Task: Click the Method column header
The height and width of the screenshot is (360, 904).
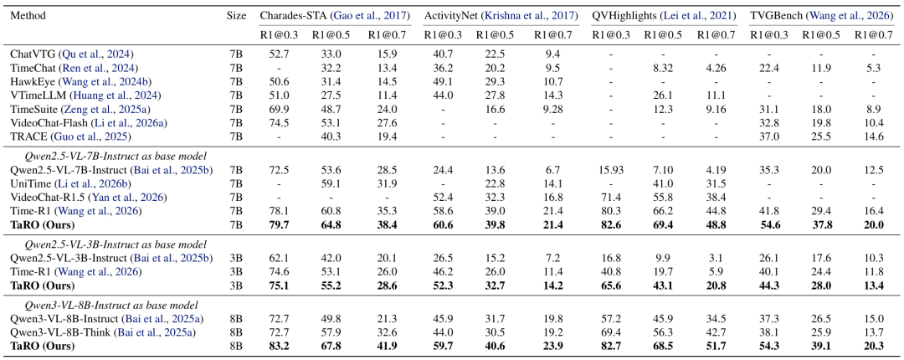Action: [x=28, y=16]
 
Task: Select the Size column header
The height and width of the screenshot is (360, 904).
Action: [x=236, y=16]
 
